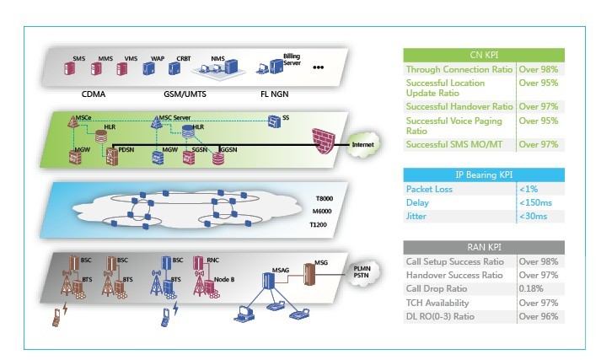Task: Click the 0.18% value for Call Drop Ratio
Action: click(x=533, y=288)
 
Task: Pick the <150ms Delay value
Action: click(x=536, y=202)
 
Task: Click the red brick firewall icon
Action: click(x=324, y=140)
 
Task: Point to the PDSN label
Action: click(x=127, y=149)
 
